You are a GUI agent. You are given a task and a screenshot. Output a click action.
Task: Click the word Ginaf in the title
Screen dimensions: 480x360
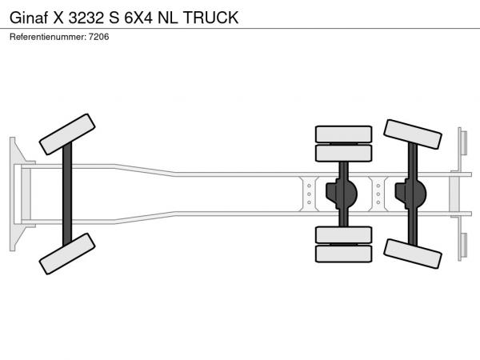point(29,18)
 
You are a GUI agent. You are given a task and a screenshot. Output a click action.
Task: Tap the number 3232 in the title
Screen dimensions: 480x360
point(86,18)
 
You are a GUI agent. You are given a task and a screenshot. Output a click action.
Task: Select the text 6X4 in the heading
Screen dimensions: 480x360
point(138,18)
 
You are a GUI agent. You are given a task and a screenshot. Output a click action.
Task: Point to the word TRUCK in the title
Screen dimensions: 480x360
point(210,18)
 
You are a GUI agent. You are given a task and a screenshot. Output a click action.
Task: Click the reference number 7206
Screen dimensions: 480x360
point(99,37)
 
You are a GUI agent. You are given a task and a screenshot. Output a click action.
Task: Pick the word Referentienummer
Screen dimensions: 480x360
point(48,37)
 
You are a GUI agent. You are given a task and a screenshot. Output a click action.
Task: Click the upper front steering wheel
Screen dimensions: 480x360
point(67,134)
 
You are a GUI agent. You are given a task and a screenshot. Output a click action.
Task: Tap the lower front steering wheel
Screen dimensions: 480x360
point(67,254)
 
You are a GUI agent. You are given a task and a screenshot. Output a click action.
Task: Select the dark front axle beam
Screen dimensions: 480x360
point(67,194)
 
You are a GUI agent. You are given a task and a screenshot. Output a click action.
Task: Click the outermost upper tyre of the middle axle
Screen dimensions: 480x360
point(343,134)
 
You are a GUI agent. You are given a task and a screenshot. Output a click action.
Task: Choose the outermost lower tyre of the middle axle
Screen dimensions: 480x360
point(343,254)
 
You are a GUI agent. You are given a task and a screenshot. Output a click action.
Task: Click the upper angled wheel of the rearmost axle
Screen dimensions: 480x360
point(412,134)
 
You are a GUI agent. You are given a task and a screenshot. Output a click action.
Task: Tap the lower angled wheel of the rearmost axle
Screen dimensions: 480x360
point(412,254)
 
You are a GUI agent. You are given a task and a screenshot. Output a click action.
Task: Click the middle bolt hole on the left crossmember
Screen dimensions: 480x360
point(309,194)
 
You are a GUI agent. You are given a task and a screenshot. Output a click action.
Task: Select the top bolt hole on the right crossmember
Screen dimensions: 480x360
point(378,186)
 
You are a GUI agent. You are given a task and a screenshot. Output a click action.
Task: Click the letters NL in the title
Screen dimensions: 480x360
point(167,18)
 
